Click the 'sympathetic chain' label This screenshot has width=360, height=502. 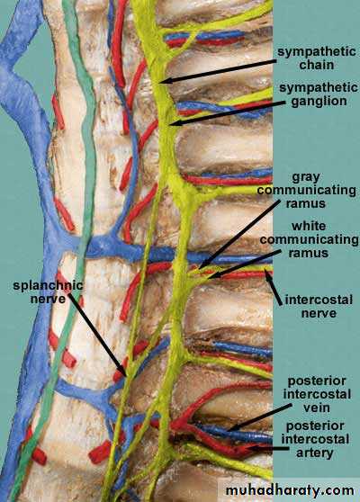[x=317, y=58]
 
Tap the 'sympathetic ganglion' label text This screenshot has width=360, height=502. [x=319, y=94]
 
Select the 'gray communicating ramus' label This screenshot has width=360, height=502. [x=307, y=190]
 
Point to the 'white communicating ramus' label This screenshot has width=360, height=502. [x=309, y=239]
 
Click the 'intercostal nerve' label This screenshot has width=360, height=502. [x=319, y=307]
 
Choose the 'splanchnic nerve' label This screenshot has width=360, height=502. [x=48, y=291]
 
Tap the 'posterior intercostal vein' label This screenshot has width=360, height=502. [x=317, y=394]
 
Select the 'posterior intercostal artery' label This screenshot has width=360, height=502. [x=316, y=439]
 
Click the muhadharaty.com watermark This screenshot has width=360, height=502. [x=290, y=490]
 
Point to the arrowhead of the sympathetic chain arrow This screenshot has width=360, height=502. [x=164, y=81]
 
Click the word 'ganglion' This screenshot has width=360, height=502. [x=319, y=102]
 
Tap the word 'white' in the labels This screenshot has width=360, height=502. [x=309, y=226]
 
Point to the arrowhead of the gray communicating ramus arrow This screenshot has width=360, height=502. [x=200, y=265]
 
